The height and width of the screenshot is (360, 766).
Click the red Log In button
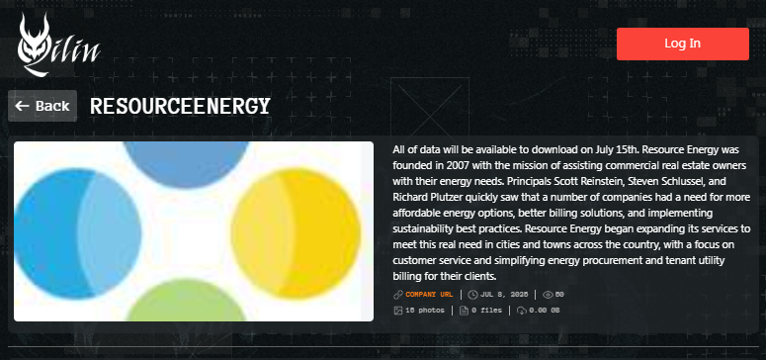click(682, 44)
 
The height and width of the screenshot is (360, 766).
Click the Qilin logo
click(58, 45)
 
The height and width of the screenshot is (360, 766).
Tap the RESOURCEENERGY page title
click(180, 106)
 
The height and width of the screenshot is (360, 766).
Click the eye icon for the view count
click(548, 295)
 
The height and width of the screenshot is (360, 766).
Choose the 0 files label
click(486, 311)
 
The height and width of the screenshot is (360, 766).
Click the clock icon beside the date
click(472, 295)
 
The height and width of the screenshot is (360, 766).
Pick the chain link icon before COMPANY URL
click(397, 295)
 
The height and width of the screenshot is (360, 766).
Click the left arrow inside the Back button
click(22, 106)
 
